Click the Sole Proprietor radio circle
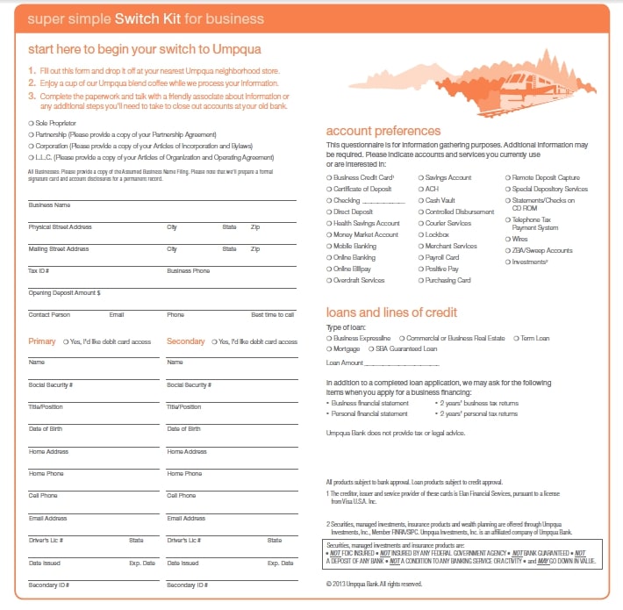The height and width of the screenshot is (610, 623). (x=31, y=123)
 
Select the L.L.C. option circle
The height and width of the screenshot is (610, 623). (x=31, y=157)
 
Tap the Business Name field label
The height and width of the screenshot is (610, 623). (x=49, y=205)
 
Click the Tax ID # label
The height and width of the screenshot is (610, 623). (x=39, y=270)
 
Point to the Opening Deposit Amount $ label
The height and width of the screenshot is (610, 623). (x=64, y=292)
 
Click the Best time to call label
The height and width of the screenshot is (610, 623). (x=272, y=314)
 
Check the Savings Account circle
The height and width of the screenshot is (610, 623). (x=420, y=177)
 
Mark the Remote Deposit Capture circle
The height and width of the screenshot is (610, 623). (x=507, y=177)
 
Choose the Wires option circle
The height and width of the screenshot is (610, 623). (x=507, y=239)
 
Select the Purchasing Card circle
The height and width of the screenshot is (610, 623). (x=420, y=280)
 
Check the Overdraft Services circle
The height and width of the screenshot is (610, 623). (x=329, y=280)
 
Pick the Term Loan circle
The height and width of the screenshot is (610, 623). (x=516, y=338)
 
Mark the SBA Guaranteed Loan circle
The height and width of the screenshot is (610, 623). (x=383, y=348)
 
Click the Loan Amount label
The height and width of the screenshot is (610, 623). (x=344, y=362)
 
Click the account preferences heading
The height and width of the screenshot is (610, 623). (x=383, y=131)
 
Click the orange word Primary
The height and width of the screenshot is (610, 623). (x=42, y=341)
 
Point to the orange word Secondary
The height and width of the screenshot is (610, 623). (x=185, y=341)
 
